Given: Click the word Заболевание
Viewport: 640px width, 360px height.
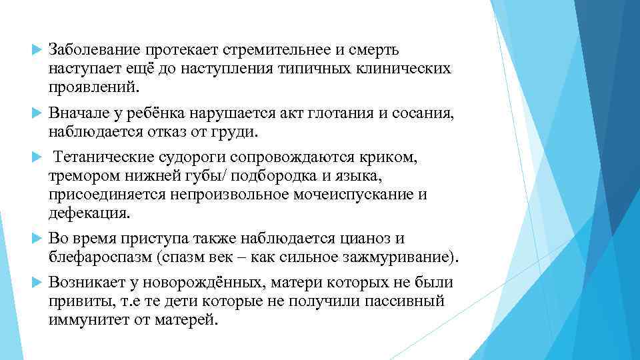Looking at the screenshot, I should pyautogui.click(x=91, y=51).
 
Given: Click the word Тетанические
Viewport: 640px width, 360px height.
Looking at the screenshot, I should pyautogui.click(x=106, y=159).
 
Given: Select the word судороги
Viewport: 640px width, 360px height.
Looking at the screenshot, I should pyautogui.click(x=199, y=159).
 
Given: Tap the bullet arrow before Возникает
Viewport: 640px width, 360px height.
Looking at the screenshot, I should pyautogui.click(x=37, y=284).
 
